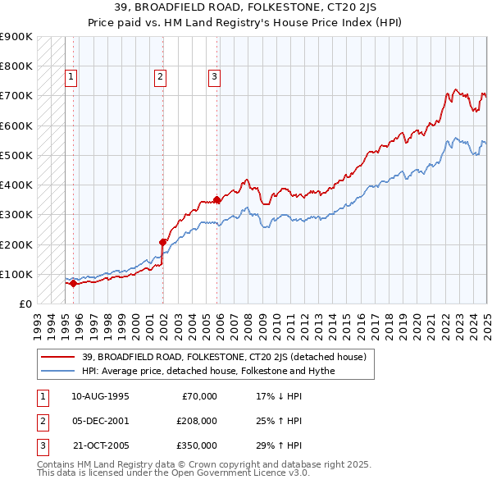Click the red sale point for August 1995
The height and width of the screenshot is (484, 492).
(x=73, y=284)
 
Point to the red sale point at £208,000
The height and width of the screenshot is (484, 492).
(x=162, y=242)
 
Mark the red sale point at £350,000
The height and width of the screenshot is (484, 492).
(x=216, y=199)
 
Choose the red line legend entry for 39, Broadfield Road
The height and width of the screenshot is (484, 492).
(x=229, y=357)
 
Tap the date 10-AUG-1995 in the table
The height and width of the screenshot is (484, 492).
(x=101, y=396)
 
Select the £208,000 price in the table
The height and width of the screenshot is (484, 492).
(x=197, y=421)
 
